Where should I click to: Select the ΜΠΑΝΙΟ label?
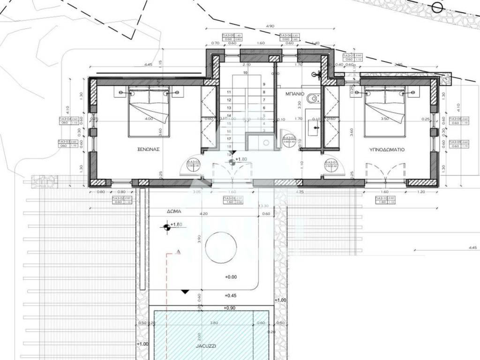pyautogui.click(x=295, y=94)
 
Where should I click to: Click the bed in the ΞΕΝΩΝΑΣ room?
pyautogui.click(x=149, y=111)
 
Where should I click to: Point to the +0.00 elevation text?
pyautogui.click(x=231, y=277)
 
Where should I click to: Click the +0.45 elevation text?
pyautogui.click(x=231, y=296)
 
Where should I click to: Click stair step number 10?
pyautogui.click(x=245, y=73)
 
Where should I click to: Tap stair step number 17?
pyautogui.click(x=229, y=139)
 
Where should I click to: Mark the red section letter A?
pyautogui.click(x=178, y=252)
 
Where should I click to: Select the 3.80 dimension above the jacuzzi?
pyautogui.click(x=214, y=322)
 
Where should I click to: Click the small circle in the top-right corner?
pyautogui.click(x=437, y=7)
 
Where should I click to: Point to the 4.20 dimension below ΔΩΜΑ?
pyautogui.click(x=203, y=214)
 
